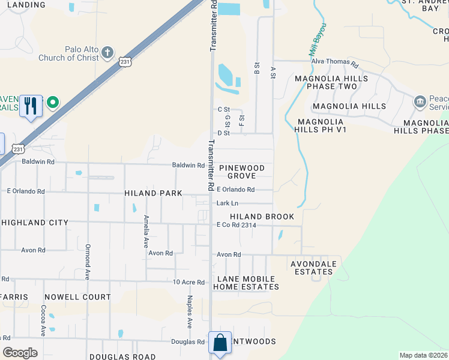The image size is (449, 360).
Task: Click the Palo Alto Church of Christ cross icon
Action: point(107,52)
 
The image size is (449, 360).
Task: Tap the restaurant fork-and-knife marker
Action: point(31,106)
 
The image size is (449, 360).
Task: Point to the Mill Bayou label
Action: point(318,40)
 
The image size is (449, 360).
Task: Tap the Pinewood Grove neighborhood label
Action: point(246,171)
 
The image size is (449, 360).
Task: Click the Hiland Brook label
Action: point(262,217)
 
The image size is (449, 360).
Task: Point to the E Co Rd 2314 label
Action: point(237,225)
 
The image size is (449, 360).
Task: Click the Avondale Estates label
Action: point(311,268)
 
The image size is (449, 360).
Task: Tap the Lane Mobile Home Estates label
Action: point(246,283)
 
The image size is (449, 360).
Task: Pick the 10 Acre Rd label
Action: point(189,282)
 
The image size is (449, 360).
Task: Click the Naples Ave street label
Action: point(190,312)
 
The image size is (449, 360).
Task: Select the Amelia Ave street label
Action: point(146,232)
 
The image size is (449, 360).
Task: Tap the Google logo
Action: point(20,353)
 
